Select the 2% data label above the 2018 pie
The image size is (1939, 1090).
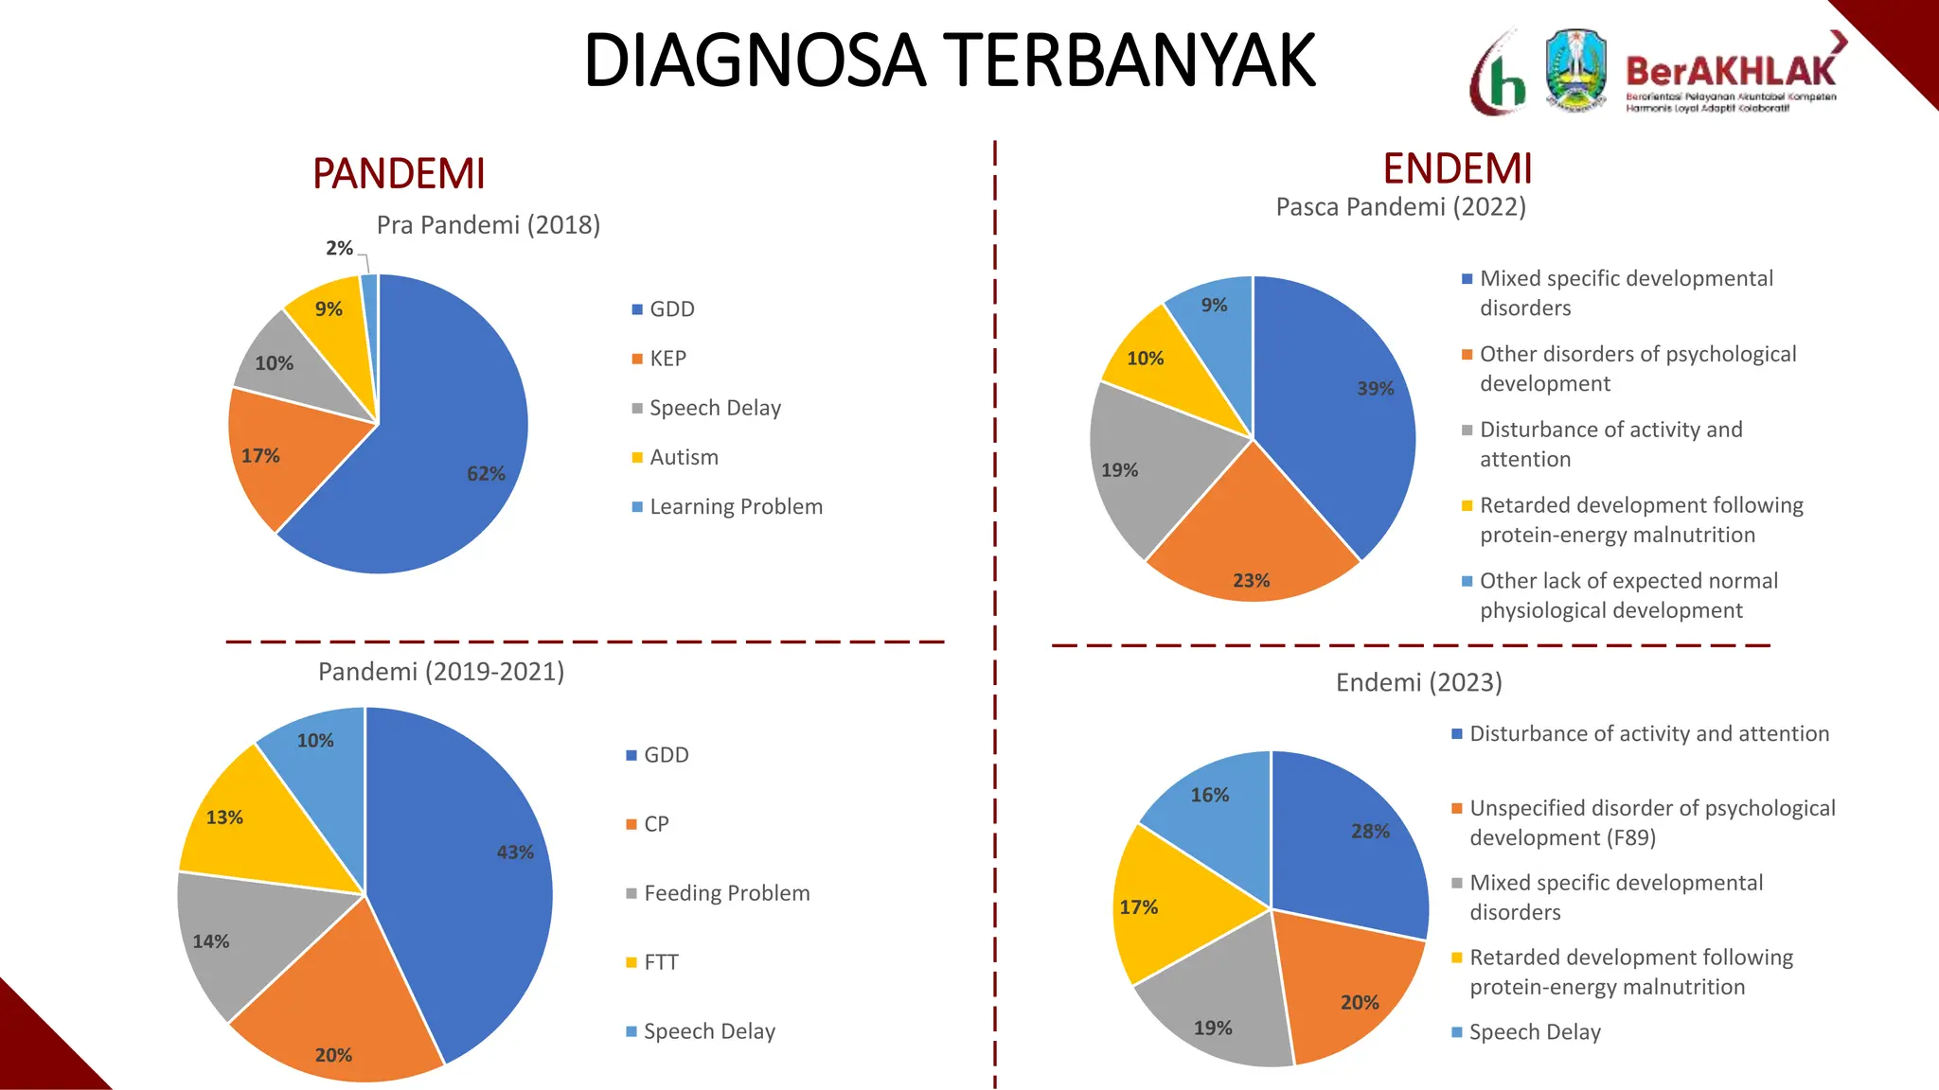[339, 249]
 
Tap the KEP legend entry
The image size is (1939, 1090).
[667, 359]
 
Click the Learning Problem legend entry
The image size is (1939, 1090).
[736, 507]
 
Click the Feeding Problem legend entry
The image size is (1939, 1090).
[726, 893]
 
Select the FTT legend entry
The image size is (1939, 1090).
[661, 962]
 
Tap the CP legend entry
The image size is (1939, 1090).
[656, 824]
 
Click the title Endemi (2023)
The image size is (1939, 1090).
[1418, 683]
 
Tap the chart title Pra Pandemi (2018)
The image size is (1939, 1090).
[489, 225]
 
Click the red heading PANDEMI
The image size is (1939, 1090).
[399, 174]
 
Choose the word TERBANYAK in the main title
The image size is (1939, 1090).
[1131, 61]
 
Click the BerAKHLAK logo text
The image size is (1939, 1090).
[1731, 72]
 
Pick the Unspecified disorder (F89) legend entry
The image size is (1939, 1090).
[1651, 822]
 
